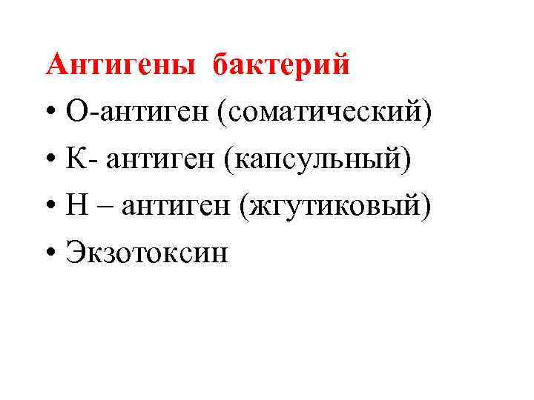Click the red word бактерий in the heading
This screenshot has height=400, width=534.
click(x=281, y=65)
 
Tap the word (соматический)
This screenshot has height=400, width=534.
click(x=331, y=113)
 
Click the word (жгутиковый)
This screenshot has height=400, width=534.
click(x=334, y=207)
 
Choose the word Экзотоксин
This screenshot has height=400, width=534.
click(x=148, y=253)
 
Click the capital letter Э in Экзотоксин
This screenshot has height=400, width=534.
click(x=74, y=253)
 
